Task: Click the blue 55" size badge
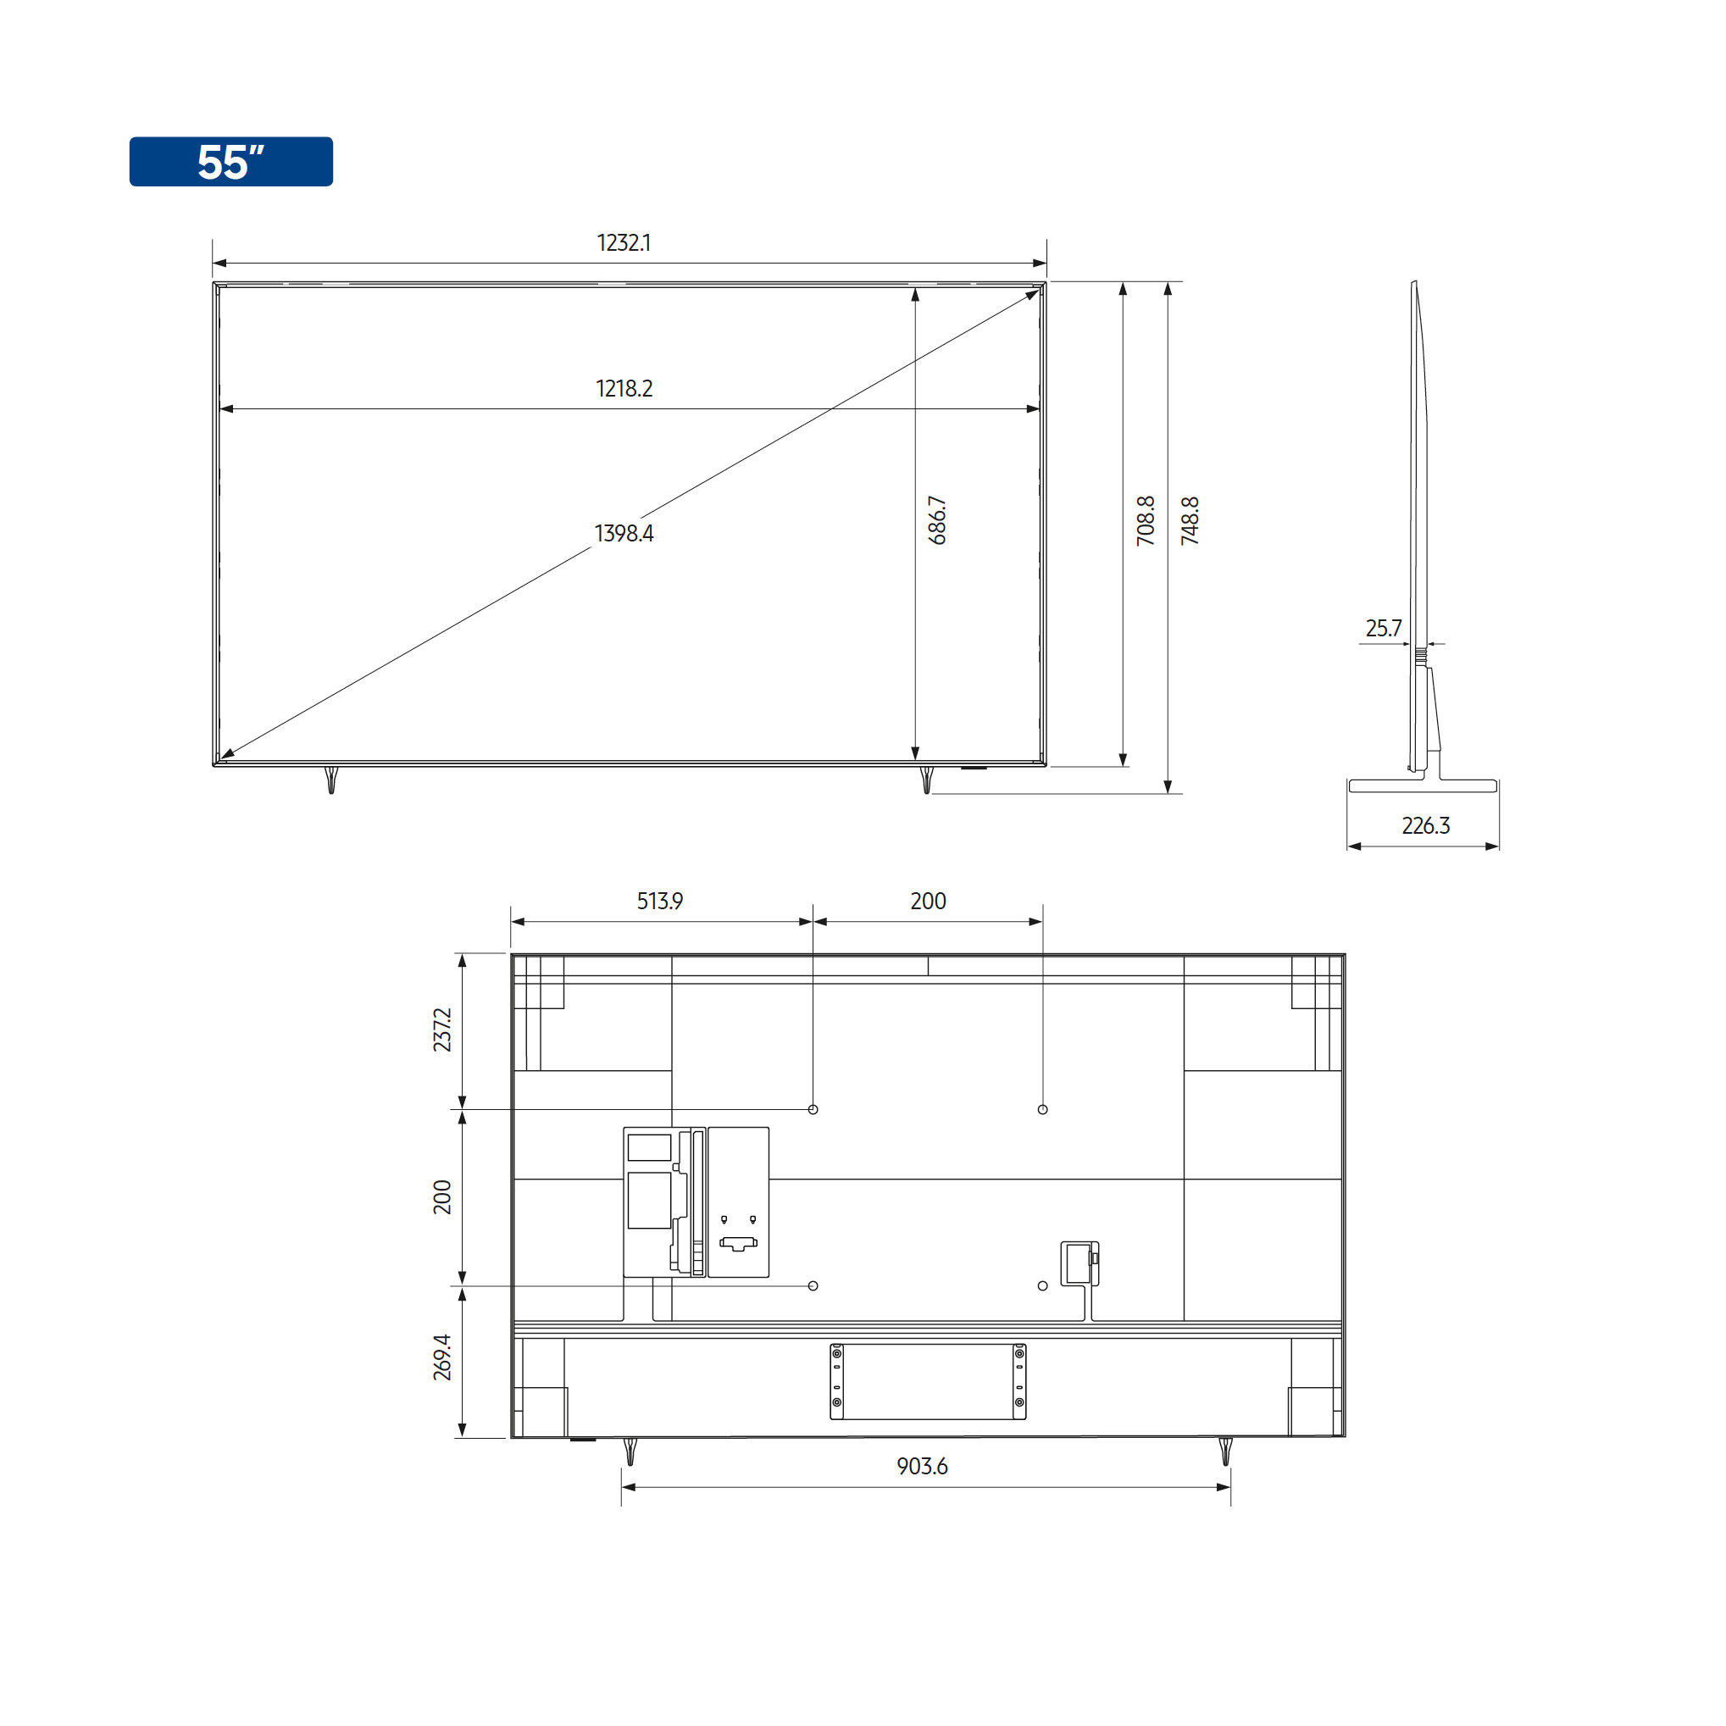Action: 230,162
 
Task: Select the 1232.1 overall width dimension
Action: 624,243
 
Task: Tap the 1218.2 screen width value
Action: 624,389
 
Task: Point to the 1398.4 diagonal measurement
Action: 624,533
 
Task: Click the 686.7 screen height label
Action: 936,521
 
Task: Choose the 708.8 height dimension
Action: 1146,521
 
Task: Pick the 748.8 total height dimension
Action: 1189,521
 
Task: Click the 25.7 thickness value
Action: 1383,628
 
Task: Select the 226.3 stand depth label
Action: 1425,825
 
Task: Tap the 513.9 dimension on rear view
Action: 659,901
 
